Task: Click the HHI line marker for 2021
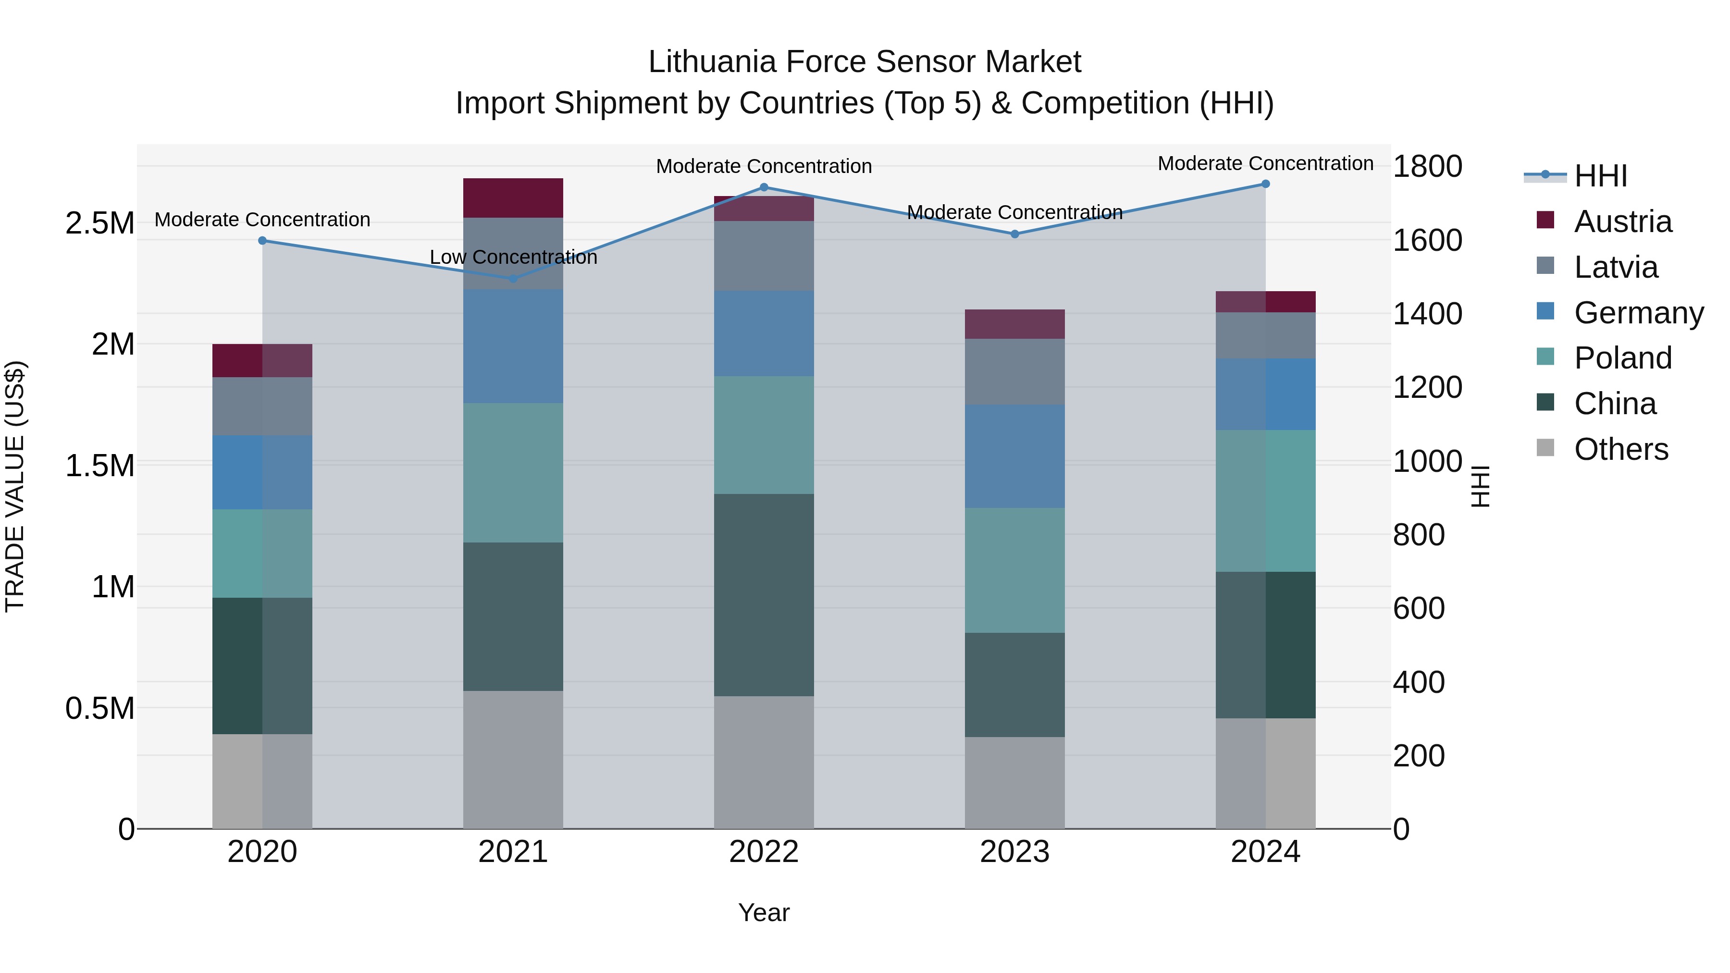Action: [513, 278]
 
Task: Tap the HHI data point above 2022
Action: [764, 187]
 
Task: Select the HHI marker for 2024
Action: [1265, 184]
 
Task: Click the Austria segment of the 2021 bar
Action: [513, 198]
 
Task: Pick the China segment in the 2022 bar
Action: [764, 595]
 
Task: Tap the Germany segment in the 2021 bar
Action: [513, 346]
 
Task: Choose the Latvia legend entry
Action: [1615, 267]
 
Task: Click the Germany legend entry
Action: [1638, 313]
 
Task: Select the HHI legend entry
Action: [1600, 176]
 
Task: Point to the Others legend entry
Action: [1620, 449]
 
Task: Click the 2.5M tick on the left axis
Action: [100, 223]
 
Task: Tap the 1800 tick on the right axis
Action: [1427, 167]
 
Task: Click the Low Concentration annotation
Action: [513, 257]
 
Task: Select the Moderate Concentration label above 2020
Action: [262, 220]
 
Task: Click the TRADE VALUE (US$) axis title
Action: [15, 486]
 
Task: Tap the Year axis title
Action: [764, 912]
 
